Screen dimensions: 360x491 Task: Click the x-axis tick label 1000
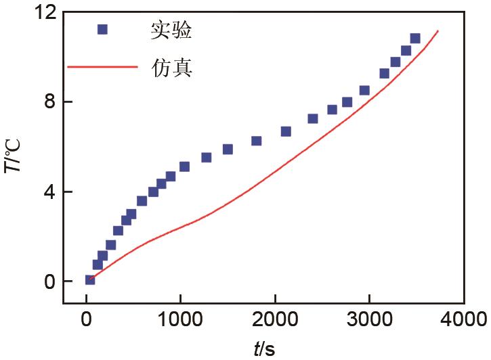(x=181, y=319)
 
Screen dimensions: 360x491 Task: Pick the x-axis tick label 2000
(x=275, y=319)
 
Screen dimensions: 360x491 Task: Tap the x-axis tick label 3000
(x=369, y=319)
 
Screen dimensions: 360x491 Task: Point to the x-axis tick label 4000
(x=463, y=319)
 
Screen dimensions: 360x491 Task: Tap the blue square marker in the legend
(x=102, y=29)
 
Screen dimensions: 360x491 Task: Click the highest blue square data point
(x=415, y=39)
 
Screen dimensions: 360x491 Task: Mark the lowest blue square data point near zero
(x=89, y=279)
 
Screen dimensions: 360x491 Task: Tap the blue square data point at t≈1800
(x=256, y=141)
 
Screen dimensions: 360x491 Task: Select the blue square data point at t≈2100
(x=286, y=131)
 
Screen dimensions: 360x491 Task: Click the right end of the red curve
(x=438, y=30)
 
